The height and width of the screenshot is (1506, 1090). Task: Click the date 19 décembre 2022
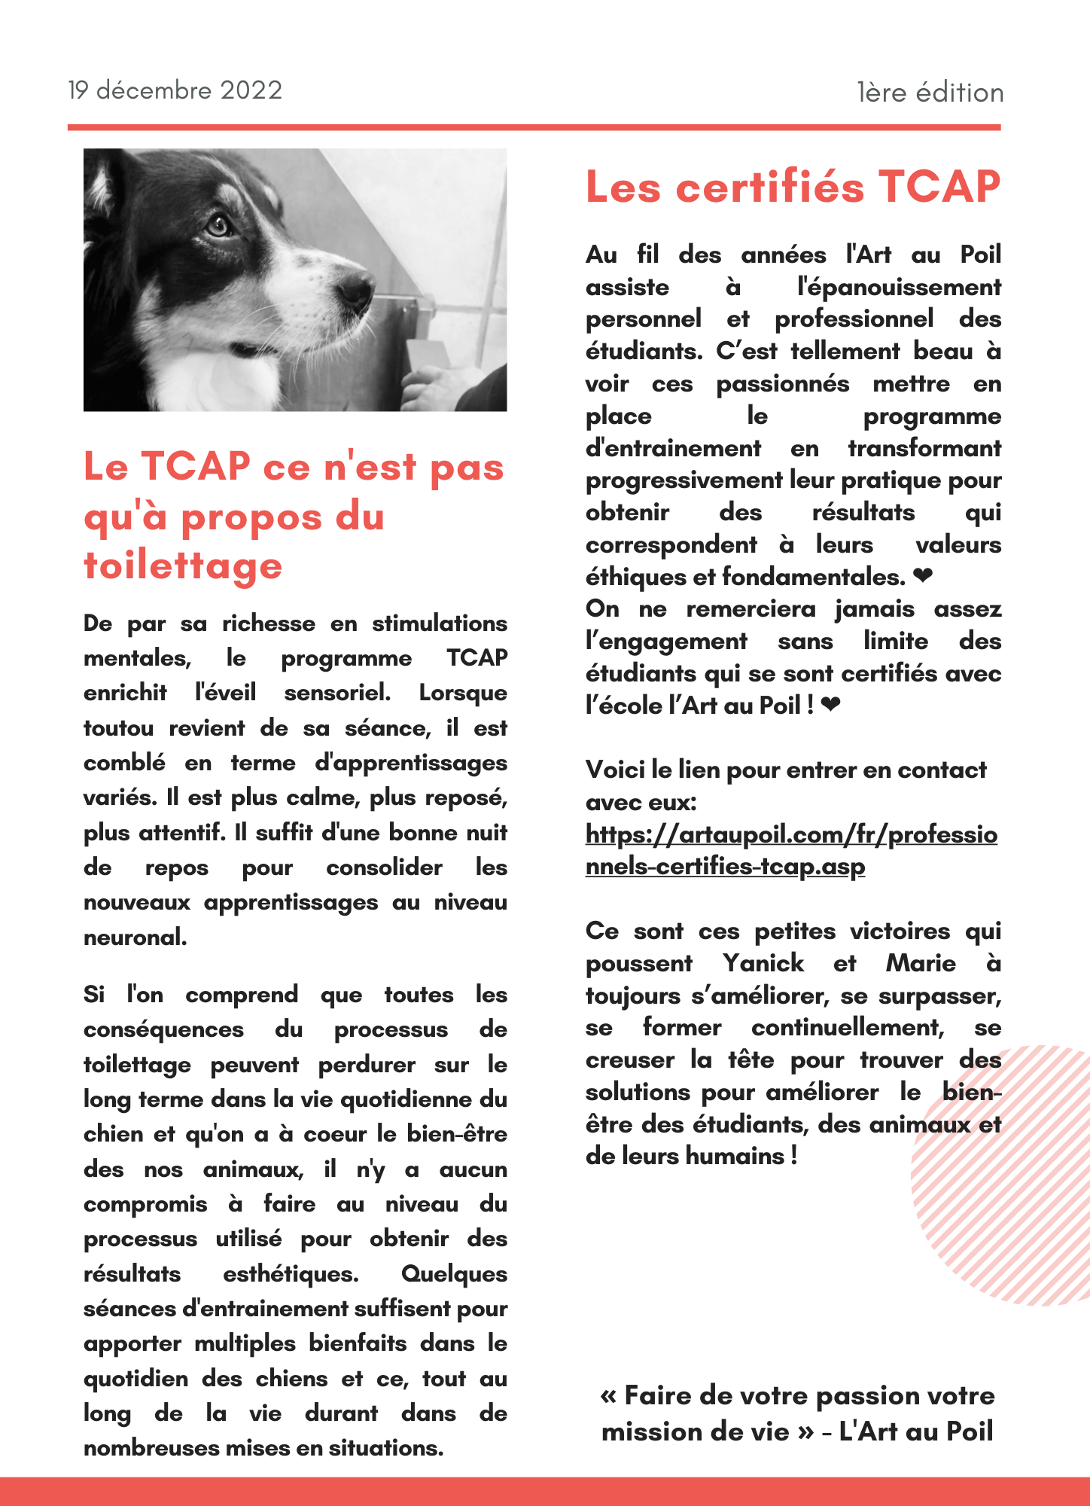[x=175, y=90]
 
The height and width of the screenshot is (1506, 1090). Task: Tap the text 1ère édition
[x=930, y=93]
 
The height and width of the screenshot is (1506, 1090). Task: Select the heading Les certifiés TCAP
[x=793, y=187]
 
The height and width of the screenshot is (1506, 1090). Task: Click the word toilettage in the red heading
[x=183, y=566]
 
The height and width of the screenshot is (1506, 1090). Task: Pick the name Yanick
[x=763, y=963]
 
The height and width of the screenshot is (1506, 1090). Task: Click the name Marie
[x=921, y=963]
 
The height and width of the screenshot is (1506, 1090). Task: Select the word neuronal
[x=135, y=937]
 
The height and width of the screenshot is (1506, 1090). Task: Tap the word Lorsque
[x=463, y=693]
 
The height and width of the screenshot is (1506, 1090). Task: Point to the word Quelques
[x=454, y=1274]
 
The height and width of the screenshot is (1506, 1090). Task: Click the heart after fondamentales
[x=923, y=577]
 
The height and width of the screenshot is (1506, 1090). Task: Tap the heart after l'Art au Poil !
[x=830, y=706]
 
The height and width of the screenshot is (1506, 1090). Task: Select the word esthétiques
[x=291, y=1274]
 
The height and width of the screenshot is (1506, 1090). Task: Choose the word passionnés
[x=783, y=384]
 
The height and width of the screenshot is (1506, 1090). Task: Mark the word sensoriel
[x=337, y=693]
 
